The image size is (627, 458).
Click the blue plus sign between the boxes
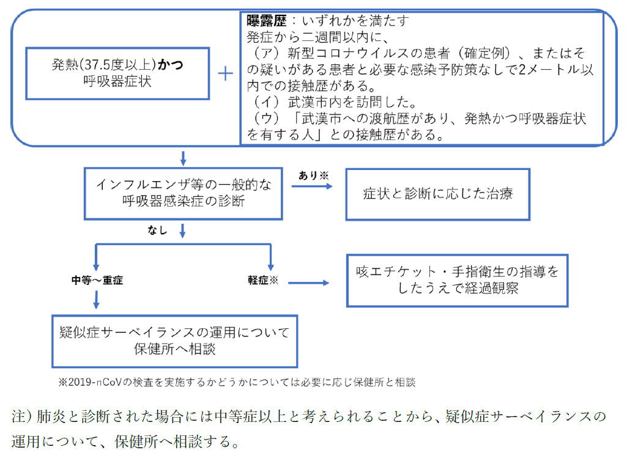click(226, 73)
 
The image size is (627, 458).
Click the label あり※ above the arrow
click(314, 175)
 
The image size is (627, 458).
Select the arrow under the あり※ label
click(313, 186)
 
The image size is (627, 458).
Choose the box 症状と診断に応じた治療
click(437, 194)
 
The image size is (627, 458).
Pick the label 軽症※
click(263, 281)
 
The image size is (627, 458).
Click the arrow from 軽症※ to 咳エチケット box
click(308, 283)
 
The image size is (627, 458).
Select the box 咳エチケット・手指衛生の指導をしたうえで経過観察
click(457, 280)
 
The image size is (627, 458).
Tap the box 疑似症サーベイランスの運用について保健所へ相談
click(174, 341)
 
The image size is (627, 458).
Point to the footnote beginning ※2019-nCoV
click(237, 382)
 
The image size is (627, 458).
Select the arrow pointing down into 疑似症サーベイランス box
click(96, 300)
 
